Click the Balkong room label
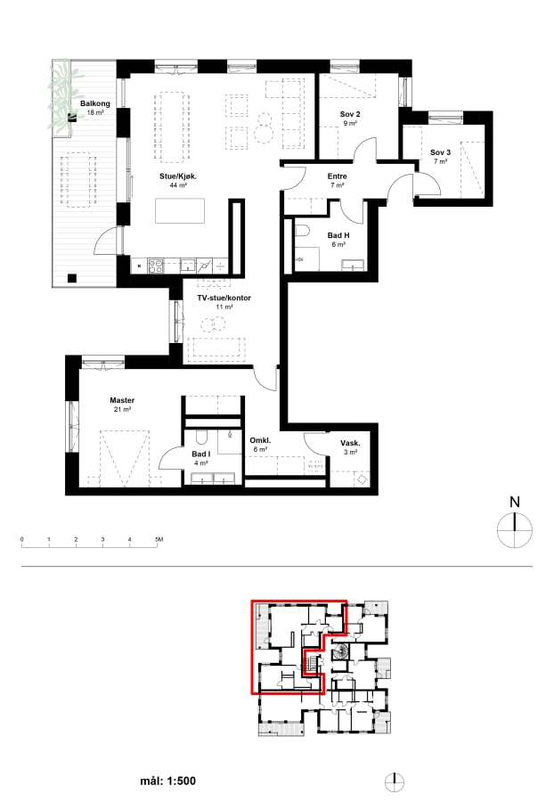pos(95,103)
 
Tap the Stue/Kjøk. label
pos(178,176)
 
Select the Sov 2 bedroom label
pos(350,114)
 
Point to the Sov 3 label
pos(441,152)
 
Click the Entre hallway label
pos(338,176)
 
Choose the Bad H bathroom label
pos(338,235)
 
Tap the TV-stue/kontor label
pos(224,298)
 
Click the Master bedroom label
pos(122,400)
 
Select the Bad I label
pos(201,454)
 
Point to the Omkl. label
pos(260,440)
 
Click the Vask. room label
pos(350,443)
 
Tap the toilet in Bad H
pos(300,230)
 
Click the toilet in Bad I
pos(201,437)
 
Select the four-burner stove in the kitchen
pos(156,266)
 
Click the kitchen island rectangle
pos(180,210)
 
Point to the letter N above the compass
pos(515,503)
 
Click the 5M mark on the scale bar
pos(159,539)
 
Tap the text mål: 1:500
pos(168,781)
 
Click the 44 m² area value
pos(178,185)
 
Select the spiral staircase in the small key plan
pos(339,652)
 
